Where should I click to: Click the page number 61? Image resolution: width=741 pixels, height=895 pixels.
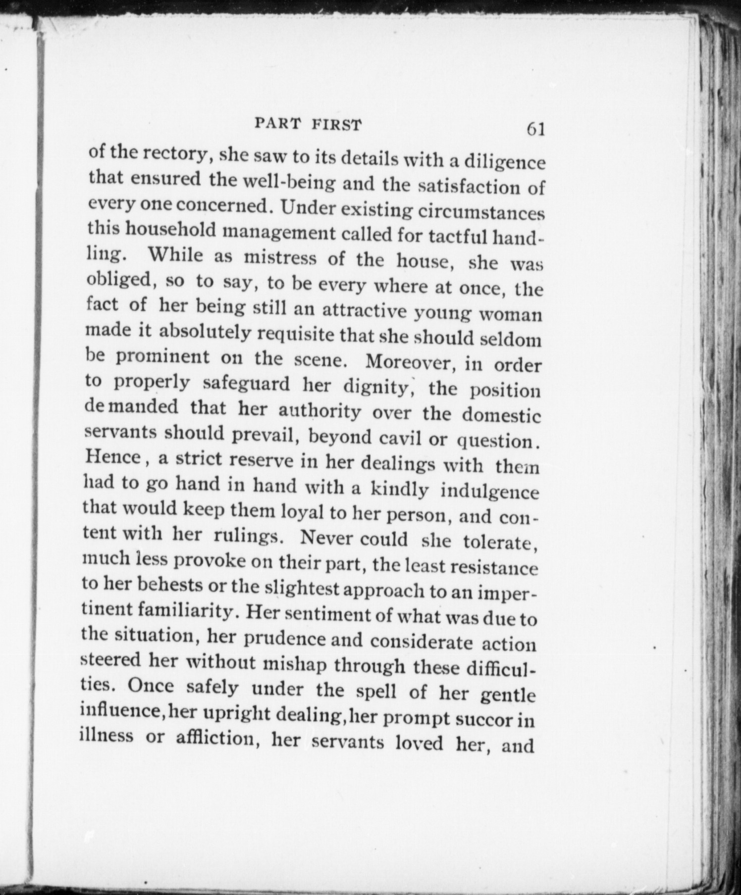click(x=535, y=129)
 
